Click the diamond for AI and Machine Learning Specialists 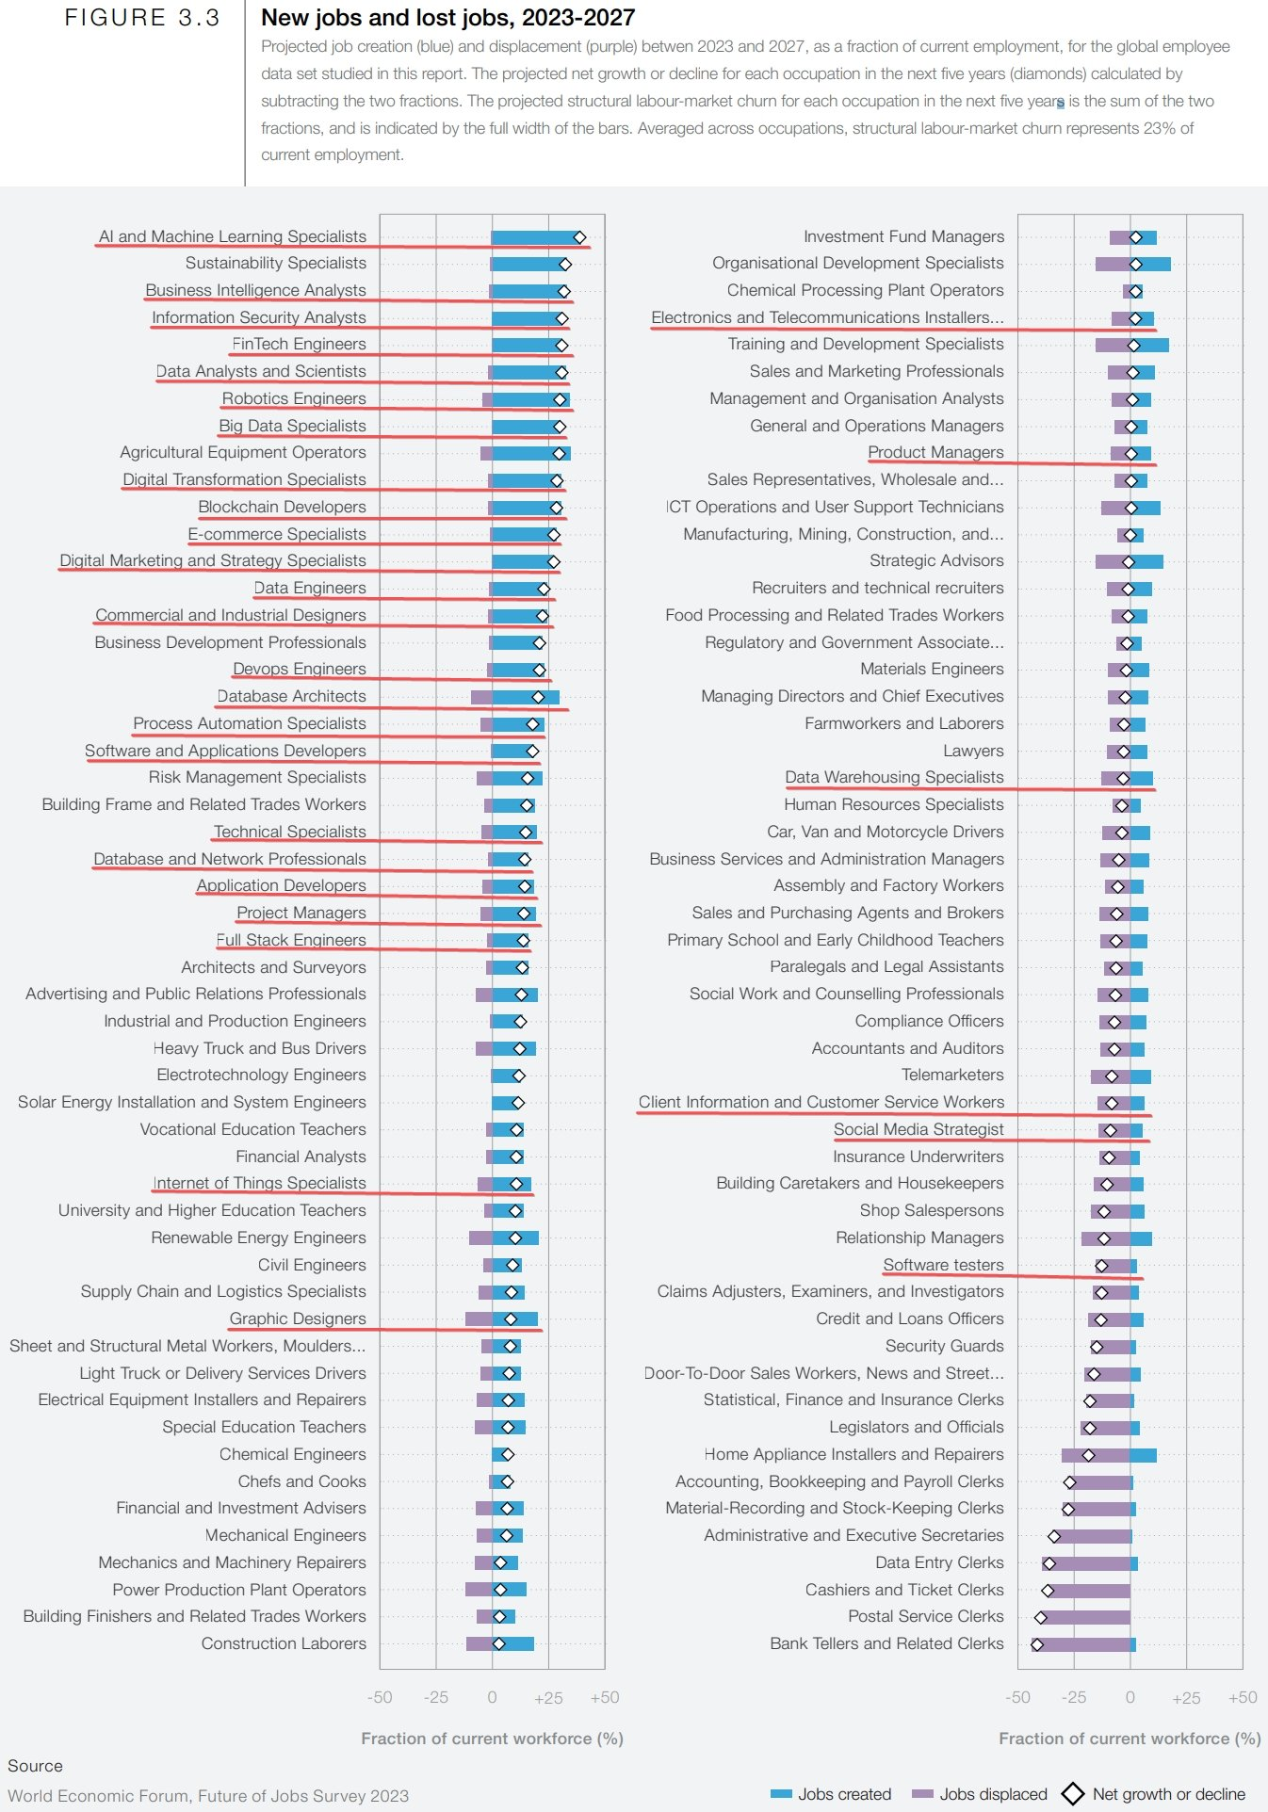[x=579, y=237]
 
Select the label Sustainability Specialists [x=275, y=264]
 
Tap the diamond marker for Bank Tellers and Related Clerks [x=1037, y=1644]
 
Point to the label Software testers [x=943, y=1265]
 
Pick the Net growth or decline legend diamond [x=1073, y=1794]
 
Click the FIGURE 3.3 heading [x=142, y=18]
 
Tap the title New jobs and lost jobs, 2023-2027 [x=447, y=18]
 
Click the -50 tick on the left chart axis [x=380, y=1697]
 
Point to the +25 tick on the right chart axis [x=1186, y=1697]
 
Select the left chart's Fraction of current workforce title [x=492, y=1739]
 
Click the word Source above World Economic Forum [x=35, y=1766]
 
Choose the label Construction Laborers [x=283, y=1643]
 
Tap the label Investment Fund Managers [x=903, y=236]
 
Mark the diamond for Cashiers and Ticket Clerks [x=1048, y=1591]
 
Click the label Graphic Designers [x=297, y=1319]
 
